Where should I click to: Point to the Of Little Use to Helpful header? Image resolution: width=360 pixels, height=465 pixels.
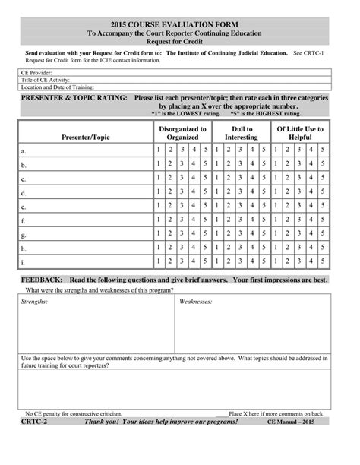[x=302, y=133]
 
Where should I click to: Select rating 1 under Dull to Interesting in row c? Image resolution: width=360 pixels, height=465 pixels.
[x=219, y=179]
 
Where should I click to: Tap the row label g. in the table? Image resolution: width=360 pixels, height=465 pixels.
[x=24, y=235]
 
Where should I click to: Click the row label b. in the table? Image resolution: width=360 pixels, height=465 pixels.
[x=24, y=165]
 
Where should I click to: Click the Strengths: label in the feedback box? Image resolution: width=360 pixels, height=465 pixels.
[x=35, y=302]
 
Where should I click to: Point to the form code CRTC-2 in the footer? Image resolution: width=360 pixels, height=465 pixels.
[x=33, y=420]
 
